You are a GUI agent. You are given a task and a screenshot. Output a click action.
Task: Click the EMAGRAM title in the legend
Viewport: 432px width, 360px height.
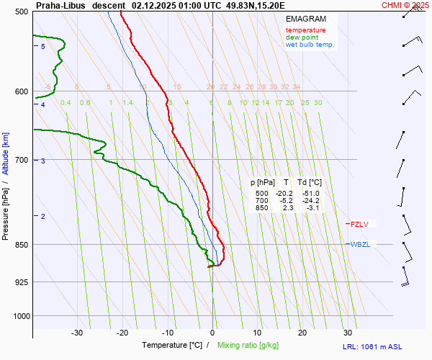click(x=305, y=18)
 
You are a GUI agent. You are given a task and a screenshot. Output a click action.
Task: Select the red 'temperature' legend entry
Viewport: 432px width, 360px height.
click(x=305, y=30)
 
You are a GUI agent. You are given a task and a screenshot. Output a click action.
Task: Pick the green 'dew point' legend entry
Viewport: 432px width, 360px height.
click(x=302, y=37)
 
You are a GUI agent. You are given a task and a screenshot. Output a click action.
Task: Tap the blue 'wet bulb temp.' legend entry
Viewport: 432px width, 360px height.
click(x=310, y=45)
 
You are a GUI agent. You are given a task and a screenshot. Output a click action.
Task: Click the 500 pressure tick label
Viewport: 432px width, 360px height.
click(x=21, y=12)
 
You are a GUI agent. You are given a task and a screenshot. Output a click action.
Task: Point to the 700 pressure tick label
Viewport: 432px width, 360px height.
click(x=21, y=160)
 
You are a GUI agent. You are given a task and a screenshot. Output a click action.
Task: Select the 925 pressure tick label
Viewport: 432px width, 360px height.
click(x=21, y=282)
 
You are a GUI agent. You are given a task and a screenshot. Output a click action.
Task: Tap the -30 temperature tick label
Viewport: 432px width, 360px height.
click(x=77, y=333)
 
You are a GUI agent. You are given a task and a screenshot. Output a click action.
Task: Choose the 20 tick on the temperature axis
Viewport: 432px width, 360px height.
click(x=302, y=333)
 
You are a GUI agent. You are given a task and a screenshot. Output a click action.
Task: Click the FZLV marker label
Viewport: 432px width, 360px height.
click(x=359, y=224)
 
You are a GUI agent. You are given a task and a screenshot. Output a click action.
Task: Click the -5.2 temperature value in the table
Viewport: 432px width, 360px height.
click(x=286, y=201)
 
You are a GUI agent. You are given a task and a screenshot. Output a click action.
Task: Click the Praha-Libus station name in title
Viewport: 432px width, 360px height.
click(x=60, y=5)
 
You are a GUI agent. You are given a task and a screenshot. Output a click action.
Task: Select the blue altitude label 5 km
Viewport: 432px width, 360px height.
click(x=43, y=47)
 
